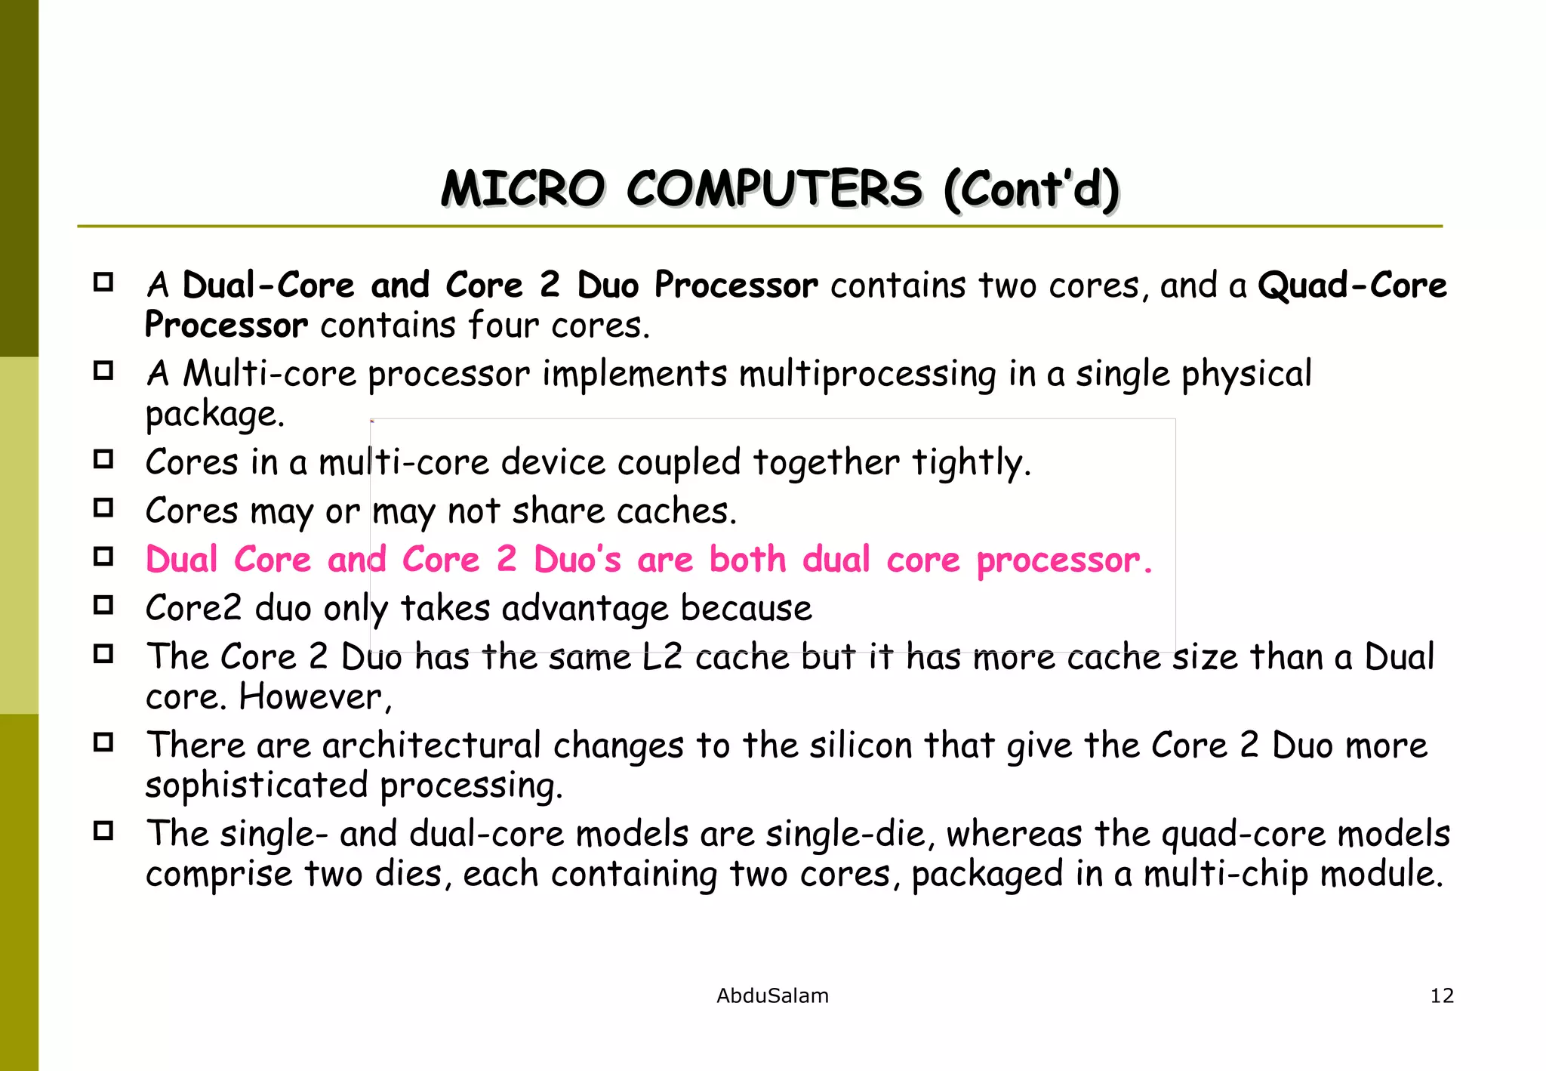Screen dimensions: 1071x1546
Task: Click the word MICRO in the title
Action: coord(523,189)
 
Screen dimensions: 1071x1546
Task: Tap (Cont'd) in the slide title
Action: coord(1031,189)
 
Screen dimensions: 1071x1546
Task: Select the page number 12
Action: coord(1442,995)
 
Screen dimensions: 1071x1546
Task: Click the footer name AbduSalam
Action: coord(772,995)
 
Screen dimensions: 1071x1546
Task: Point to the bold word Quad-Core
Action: coord(1352,285)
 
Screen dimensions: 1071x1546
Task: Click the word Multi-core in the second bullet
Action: coord(269,373)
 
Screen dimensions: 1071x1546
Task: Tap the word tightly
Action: coord(971,462)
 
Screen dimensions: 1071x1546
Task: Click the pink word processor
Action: coord(1064,561)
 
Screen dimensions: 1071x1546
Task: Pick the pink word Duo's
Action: coord(577,560)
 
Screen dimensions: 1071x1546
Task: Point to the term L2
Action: coord(662,656)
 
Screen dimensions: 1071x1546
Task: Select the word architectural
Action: coord(432,745)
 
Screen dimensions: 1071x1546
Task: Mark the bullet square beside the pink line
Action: coord(103,557)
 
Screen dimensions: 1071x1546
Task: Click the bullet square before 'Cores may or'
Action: coord(103,508)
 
